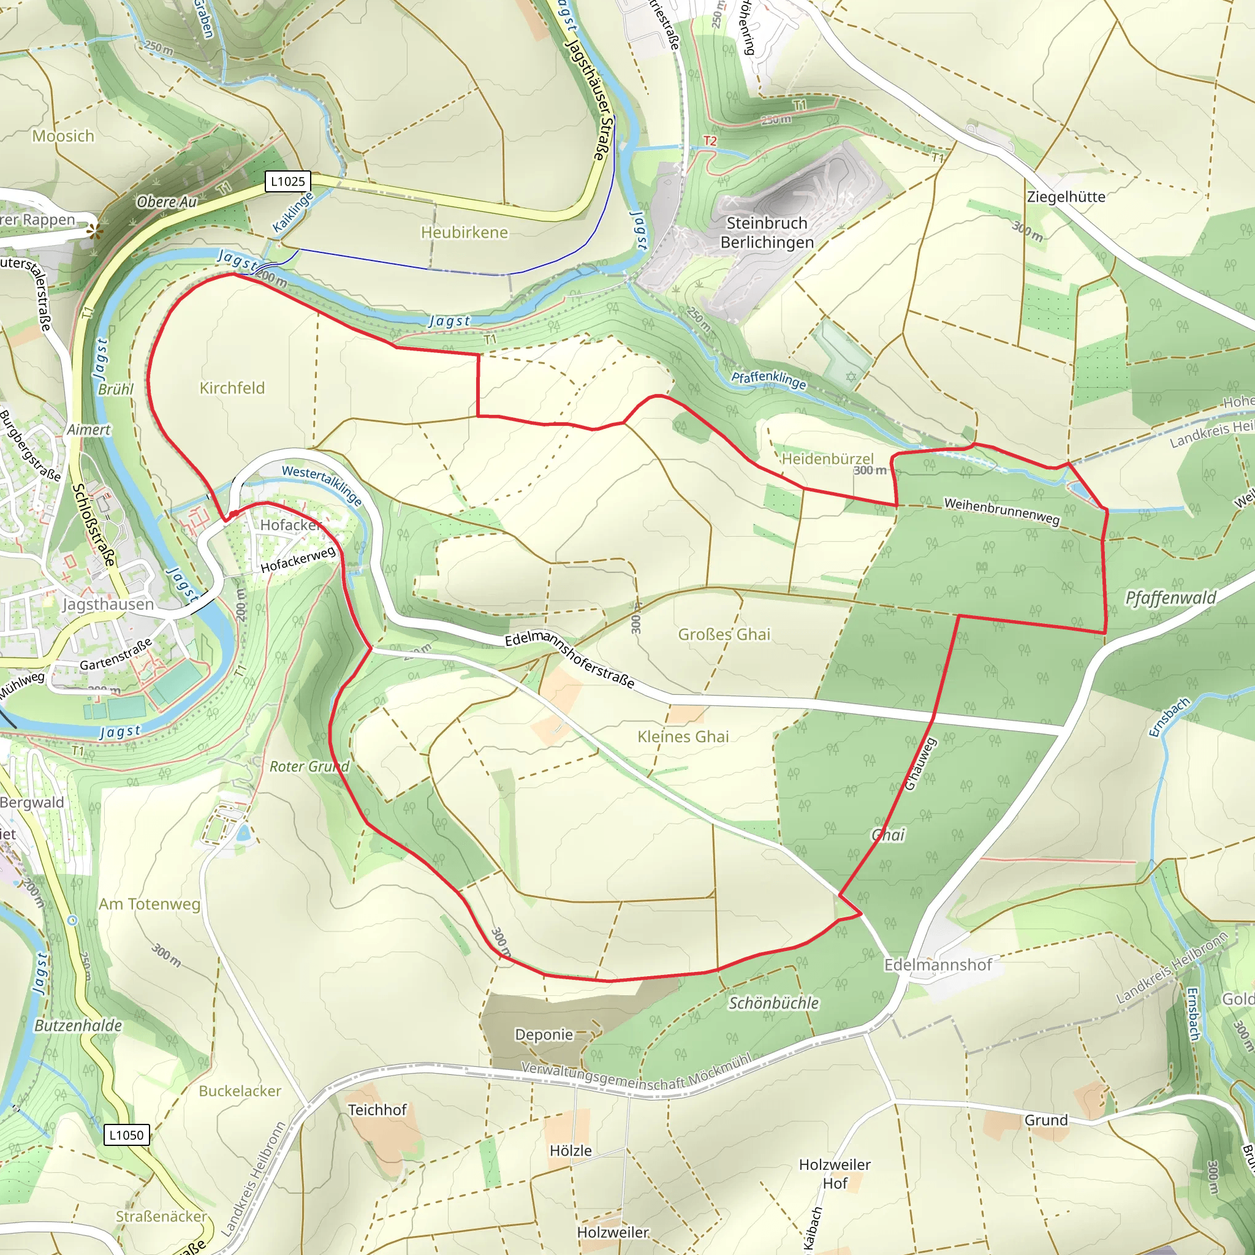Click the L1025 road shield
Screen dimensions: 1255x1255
pyautogui.click(x=288, y=181)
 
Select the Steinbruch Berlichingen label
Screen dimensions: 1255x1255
pyautogui.click(x=767, y=232)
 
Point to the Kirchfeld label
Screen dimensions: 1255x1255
pyautogui.click(x=232, y=388)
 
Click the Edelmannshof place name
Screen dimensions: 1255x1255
pyautogui.click(x=938, y=965)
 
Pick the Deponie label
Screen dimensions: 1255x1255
pyautogui.click(x=544, y=1034)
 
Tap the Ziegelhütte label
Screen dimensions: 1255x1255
pyautogui.click(x=1066, y=197)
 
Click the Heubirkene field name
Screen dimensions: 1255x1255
pyautogui.click(x=464, y=232)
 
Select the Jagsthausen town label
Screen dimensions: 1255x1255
pyautogui.click(x=108, y=604)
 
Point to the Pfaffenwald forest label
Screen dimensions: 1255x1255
pyautogui.click(x=1170, y=597)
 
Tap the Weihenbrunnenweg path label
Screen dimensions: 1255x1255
pyautogui.click(x=1002, y=511)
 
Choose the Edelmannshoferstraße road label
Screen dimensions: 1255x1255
pyautogui.click(x=570, y=660)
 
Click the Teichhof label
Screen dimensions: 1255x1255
pyautogui.click(x=377, y=1110)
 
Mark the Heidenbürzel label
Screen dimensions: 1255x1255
pyautogui.click(x=827, y=458)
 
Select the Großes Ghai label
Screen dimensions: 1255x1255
pyautogui.click(x=724, y=634)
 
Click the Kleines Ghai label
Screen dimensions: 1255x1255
pyautogui.click(x=683, y=737)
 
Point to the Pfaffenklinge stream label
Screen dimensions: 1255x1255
pyautogui.click(x=768, y=380)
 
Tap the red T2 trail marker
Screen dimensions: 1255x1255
pyautogui.click(x=710, y=141)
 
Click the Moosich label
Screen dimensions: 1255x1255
pyautogui.click(x=63, y=136)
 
